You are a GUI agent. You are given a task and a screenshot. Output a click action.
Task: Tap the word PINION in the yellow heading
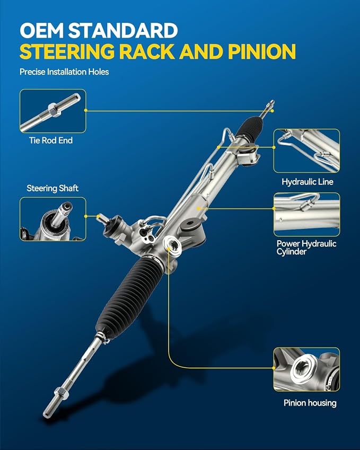point(261,51)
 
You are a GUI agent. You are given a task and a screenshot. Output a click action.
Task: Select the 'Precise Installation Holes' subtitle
point(64,72)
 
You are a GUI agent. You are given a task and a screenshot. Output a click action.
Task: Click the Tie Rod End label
point(51,140)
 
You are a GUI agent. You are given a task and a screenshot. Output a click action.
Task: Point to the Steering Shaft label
point(52,188)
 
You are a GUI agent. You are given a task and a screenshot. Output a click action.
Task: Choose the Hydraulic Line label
point(307,182)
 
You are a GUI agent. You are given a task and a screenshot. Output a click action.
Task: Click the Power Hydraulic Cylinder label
point(306,248)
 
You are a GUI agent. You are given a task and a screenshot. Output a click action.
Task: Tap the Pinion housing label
point(310,403)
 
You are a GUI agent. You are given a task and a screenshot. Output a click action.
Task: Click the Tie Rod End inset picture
point(53,111)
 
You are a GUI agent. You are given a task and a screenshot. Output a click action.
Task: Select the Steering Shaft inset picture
point(53,219)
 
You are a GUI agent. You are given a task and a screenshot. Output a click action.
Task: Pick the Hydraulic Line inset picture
point(306,151)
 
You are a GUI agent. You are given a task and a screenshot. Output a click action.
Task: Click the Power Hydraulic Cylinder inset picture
point(306,214)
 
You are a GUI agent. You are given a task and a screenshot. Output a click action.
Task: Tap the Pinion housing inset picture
point(306,369)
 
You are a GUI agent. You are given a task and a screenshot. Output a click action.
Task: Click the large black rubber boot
point(129,298)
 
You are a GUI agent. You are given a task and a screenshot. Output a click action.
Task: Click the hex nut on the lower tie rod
point(61,392)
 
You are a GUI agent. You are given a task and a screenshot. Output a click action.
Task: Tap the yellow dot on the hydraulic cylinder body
point(198,208)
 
